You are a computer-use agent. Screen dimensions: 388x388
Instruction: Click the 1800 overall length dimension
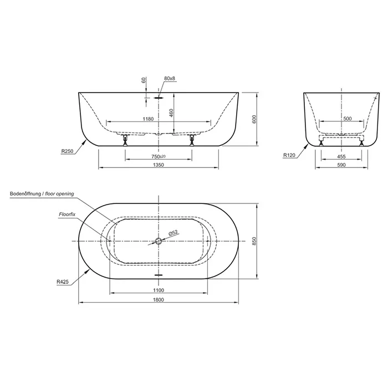coord(159,300)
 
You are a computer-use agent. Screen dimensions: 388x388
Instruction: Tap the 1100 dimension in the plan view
coord(159,290)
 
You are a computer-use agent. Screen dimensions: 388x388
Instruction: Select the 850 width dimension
coord(254,241)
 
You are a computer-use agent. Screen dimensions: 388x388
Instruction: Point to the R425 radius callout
coord(63,282)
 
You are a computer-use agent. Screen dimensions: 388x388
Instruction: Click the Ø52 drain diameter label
coord(173,233)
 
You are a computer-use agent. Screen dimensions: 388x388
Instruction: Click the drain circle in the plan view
coord(159,241)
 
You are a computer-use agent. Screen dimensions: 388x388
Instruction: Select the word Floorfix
coord(67,215)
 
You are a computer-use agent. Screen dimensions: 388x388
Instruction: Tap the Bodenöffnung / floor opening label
coord(42,193)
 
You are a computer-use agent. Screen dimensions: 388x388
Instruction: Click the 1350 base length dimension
coord(159,165)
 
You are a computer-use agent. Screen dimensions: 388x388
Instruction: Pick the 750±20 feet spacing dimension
coord(159,156)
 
